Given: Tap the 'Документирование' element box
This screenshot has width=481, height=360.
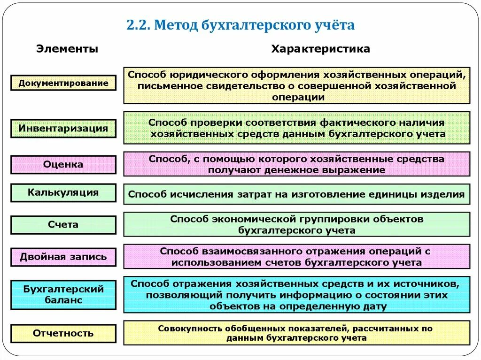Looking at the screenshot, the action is (63, 83).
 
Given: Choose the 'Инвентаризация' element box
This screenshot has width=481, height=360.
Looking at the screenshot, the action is (63, 128).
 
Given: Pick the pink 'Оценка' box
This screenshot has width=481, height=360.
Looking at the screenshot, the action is (63, 165).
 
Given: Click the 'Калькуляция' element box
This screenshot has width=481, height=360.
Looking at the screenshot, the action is (63, 192).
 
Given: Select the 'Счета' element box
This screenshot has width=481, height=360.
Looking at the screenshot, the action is (63, 225).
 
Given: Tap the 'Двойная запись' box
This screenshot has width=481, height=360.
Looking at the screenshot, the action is (63, 257).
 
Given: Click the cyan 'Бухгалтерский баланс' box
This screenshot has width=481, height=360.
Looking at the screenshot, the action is (63, 294).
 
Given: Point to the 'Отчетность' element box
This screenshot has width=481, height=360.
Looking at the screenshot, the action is (63, 333).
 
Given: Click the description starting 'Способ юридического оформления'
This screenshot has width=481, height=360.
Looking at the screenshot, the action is (296, 85).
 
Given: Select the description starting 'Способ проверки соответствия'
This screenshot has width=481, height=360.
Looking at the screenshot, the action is (296, 128).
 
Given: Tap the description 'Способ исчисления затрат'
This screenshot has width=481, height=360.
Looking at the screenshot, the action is (296, 194).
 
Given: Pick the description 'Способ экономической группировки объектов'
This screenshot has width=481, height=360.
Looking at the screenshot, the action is (296, 224).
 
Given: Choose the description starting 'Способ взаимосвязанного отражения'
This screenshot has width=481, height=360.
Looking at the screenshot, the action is (296, 257).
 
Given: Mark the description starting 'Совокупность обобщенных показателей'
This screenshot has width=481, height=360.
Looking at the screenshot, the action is (296, 333).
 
